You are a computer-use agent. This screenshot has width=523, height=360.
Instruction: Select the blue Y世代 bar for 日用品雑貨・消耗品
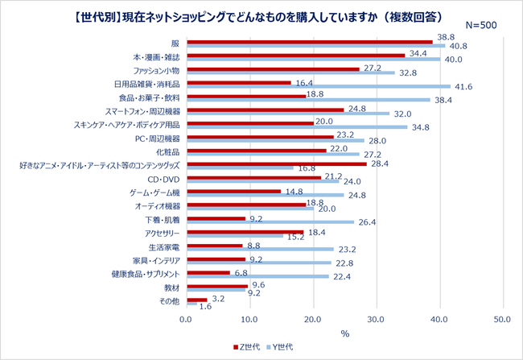[x=317, y=86]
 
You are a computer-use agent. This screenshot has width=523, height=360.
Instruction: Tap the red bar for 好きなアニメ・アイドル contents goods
[x=276, y=164]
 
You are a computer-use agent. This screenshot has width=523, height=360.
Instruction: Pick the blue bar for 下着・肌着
[x=270, y=222]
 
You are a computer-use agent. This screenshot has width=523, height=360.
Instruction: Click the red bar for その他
[x=196, y=300]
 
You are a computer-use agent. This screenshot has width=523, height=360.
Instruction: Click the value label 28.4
[x=379, y=163]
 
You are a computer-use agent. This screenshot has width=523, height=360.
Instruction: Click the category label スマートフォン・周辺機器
[x=142, y=110]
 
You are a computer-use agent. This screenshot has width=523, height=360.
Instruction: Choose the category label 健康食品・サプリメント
[x=143, y=274]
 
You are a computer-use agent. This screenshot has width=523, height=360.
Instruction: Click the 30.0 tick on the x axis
[x=376, y=320]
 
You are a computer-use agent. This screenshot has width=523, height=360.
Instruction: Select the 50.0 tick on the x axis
[x=502, y=320]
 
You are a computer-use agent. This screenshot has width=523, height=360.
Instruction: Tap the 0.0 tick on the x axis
[x=186, y=320]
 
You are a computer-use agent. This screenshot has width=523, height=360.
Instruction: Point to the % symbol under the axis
[x=344, y=332]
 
